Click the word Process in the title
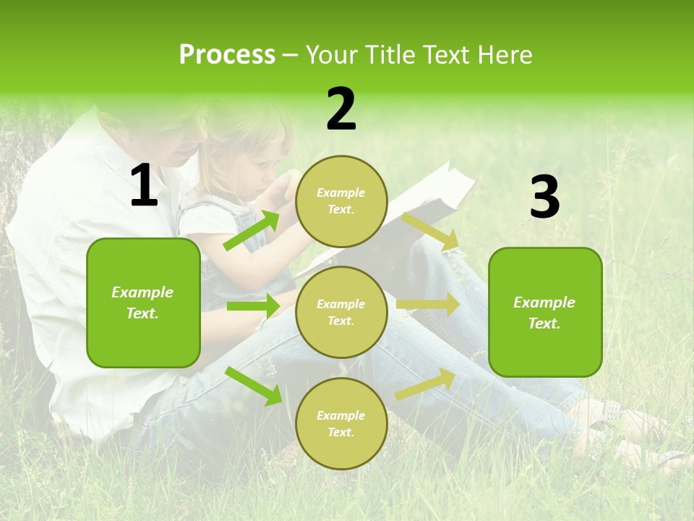227,55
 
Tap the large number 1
144,187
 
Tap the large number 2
341,109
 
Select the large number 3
544,198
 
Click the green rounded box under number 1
143,302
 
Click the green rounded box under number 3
545,312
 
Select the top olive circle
341,201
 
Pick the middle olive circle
341,312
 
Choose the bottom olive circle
341,423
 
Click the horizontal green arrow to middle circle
252,306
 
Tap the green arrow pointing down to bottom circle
254,386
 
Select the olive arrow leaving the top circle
431,231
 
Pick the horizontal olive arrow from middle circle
427,305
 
